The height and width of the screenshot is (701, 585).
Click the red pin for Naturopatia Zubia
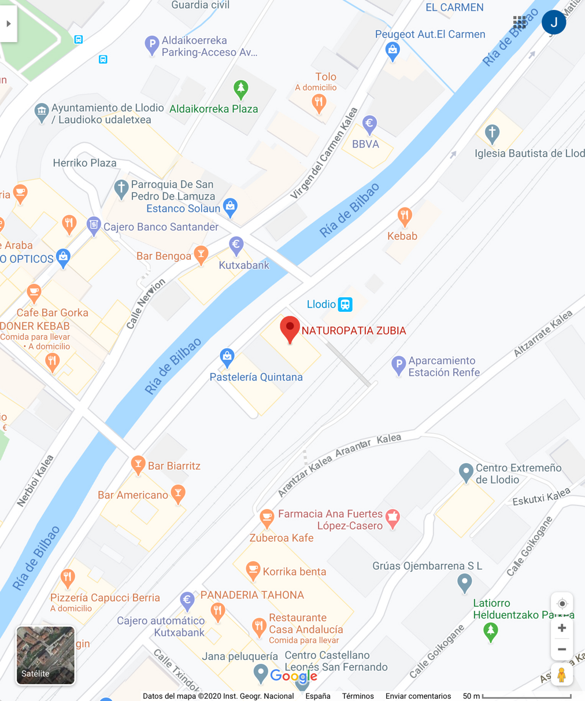(x=290, y=329)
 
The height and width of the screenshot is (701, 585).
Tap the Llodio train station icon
(x=345, y=304)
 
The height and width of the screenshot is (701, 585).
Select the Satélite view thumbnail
(x=45, y=655)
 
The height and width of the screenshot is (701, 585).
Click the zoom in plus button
(x=561, y=628)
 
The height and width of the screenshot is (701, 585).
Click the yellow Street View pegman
(x=561, y=675)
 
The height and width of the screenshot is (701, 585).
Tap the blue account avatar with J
(x=553, y=23)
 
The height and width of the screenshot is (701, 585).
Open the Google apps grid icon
(x=519, y=23)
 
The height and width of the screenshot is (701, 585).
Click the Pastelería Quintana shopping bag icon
(x=227, y=356)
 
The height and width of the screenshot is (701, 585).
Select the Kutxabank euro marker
(x=236, y=245)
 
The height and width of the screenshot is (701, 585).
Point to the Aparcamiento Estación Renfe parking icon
(x=398, y=365)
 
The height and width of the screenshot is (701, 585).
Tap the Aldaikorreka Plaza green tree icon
(x=240, y=89)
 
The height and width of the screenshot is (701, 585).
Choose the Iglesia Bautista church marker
(x=492, y=133)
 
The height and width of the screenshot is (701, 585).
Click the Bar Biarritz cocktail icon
(x=138, y=464)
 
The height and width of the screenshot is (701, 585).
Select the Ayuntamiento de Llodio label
(x=108, y=114)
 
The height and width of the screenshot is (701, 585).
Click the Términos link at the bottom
(x=358, y=696)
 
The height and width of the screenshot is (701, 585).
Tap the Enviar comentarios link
(x=418, y=696)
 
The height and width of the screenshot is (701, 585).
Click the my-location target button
(x=561, y=604)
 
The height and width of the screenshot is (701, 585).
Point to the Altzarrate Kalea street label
(x=543, y=334)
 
